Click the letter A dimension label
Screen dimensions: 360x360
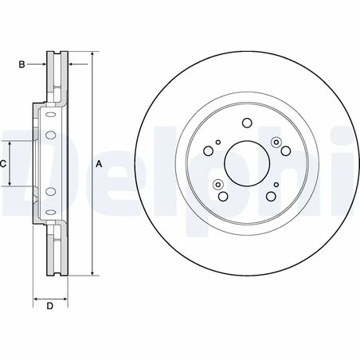click(99, 164)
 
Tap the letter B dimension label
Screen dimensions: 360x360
click(23, 63)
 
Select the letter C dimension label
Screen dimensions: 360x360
click(3, 164)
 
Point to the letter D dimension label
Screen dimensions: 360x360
click(49, 307)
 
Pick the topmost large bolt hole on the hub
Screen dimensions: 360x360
click(246, 123)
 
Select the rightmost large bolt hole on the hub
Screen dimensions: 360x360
click(284, 153)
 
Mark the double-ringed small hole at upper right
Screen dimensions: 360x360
click(276, 143)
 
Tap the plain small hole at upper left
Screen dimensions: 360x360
click(216, 142)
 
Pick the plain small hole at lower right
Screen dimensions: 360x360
click(276, 186)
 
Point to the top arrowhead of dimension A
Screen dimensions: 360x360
click(92, 55)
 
